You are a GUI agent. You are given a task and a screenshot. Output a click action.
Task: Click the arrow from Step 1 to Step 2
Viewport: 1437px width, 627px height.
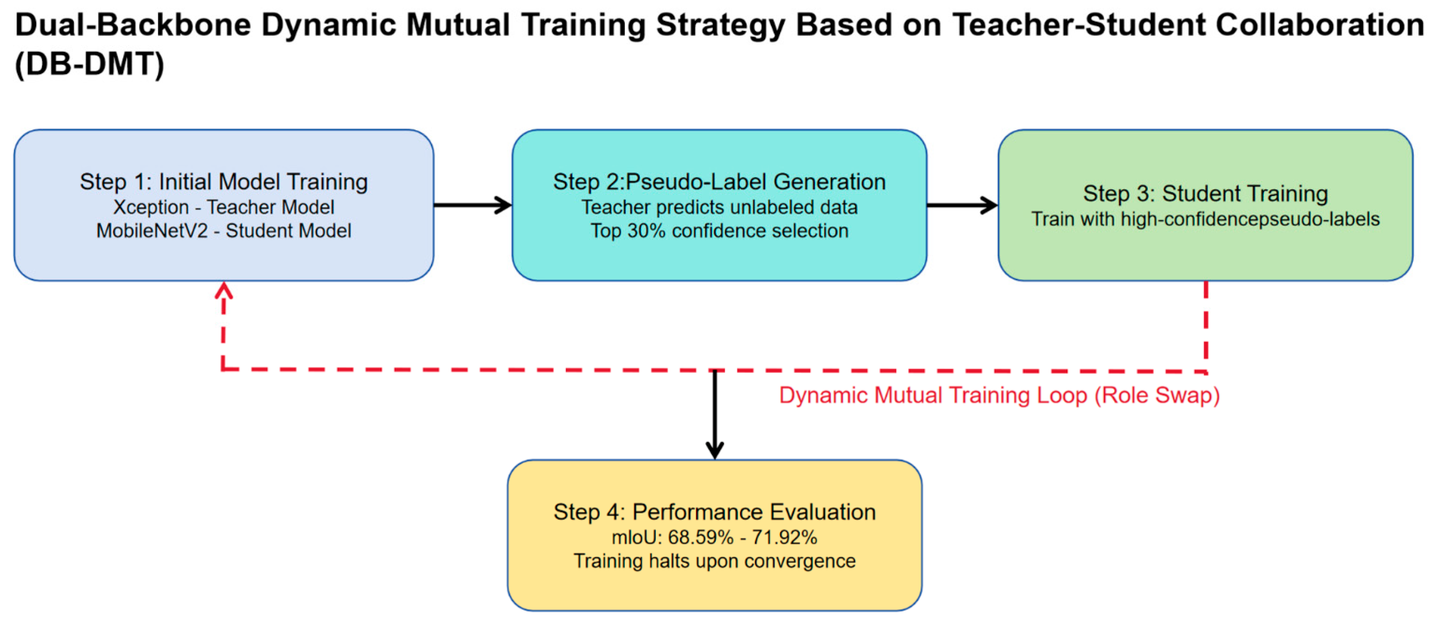[472, 205]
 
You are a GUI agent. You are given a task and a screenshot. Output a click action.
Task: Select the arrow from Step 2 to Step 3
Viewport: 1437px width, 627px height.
[962, 205]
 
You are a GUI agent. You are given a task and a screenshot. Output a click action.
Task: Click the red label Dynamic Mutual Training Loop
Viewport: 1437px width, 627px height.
[999, 395]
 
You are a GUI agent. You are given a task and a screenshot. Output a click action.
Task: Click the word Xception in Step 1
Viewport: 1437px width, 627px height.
[151, 207]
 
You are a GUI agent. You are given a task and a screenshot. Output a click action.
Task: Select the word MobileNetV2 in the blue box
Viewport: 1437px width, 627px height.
[152, 231]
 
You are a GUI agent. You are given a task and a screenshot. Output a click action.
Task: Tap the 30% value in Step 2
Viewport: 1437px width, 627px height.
[646, 231]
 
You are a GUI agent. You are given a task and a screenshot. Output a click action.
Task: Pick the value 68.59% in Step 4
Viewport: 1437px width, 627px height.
[701, 537]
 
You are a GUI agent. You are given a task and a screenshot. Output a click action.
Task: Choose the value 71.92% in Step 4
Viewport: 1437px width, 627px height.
[784, 537]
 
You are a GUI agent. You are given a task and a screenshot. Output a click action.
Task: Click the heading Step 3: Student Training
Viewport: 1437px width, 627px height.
[1206, 194]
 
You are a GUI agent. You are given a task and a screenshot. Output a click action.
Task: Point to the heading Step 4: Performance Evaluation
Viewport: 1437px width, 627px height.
[715, 512]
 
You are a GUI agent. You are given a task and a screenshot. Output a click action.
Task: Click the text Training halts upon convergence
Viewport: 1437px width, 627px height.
[715, 560]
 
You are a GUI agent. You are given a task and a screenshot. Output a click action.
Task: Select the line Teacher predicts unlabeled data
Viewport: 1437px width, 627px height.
[720, 207]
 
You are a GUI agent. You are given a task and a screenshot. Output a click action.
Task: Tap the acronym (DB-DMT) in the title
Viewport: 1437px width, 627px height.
[89, 64]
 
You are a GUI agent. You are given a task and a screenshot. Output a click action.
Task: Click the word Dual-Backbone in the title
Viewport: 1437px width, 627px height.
[133, 25]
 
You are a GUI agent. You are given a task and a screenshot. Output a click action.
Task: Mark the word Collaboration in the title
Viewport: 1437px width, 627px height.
[1320, 25]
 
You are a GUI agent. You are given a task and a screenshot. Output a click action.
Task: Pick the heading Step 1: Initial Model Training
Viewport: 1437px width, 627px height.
[224, 182]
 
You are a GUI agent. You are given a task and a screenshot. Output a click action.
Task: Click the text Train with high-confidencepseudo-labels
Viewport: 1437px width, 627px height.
[1206, 219]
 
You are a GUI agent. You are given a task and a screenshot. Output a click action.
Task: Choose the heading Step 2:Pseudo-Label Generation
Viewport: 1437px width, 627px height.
[720, 182]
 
